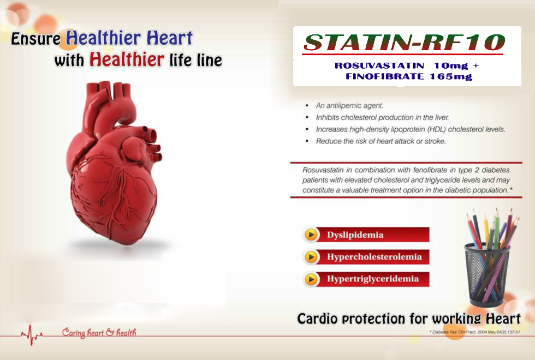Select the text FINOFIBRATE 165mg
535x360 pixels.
click(409, 76)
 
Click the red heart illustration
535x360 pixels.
click(115, 169)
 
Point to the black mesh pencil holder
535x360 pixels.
click(487, 273)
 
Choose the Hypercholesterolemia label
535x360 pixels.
click(374, 257)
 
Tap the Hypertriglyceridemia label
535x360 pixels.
click(373, 279)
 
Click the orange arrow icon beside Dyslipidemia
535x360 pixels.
click(311, 235)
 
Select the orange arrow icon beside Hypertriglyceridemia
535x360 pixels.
click(311, 279)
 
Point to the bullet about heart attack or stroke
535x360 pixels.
click(381, 141)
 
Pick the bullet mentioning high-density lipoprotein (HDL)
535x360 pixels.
click(410, 129)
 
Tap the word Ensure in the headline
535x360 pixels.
click(36, 40)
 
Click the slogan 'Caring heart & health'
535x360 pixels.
click(99, 332)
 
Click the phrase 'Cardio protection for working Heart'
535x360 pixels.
click(408, 319)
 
